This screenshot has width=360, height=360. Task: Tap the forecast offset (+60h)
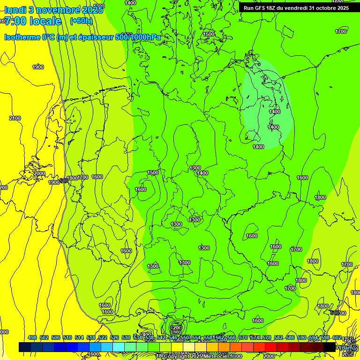tap(81, 21)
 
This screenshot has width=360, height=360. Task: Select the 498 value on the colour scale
tap(32, 337)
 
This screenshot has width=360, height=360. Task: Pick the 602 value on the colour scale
tap(337, 337)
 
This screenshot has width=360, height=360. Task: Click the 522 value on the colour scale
tap(103, 337)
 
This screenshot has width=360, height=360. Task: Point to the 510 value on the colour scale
tap(67, 337)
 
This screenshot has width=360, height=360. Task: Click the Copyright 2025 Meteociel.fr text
tap(202, 357)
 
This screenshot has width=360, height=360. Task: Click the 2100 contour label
tap(15, 118)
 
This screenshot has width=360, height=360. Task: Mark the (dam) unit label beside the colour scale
tap(347, 347)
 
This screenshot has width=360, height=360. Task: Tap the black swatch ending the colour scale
tap(330, 347)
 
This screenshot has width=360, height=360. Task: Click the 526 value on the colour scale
tap(114, 337)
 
